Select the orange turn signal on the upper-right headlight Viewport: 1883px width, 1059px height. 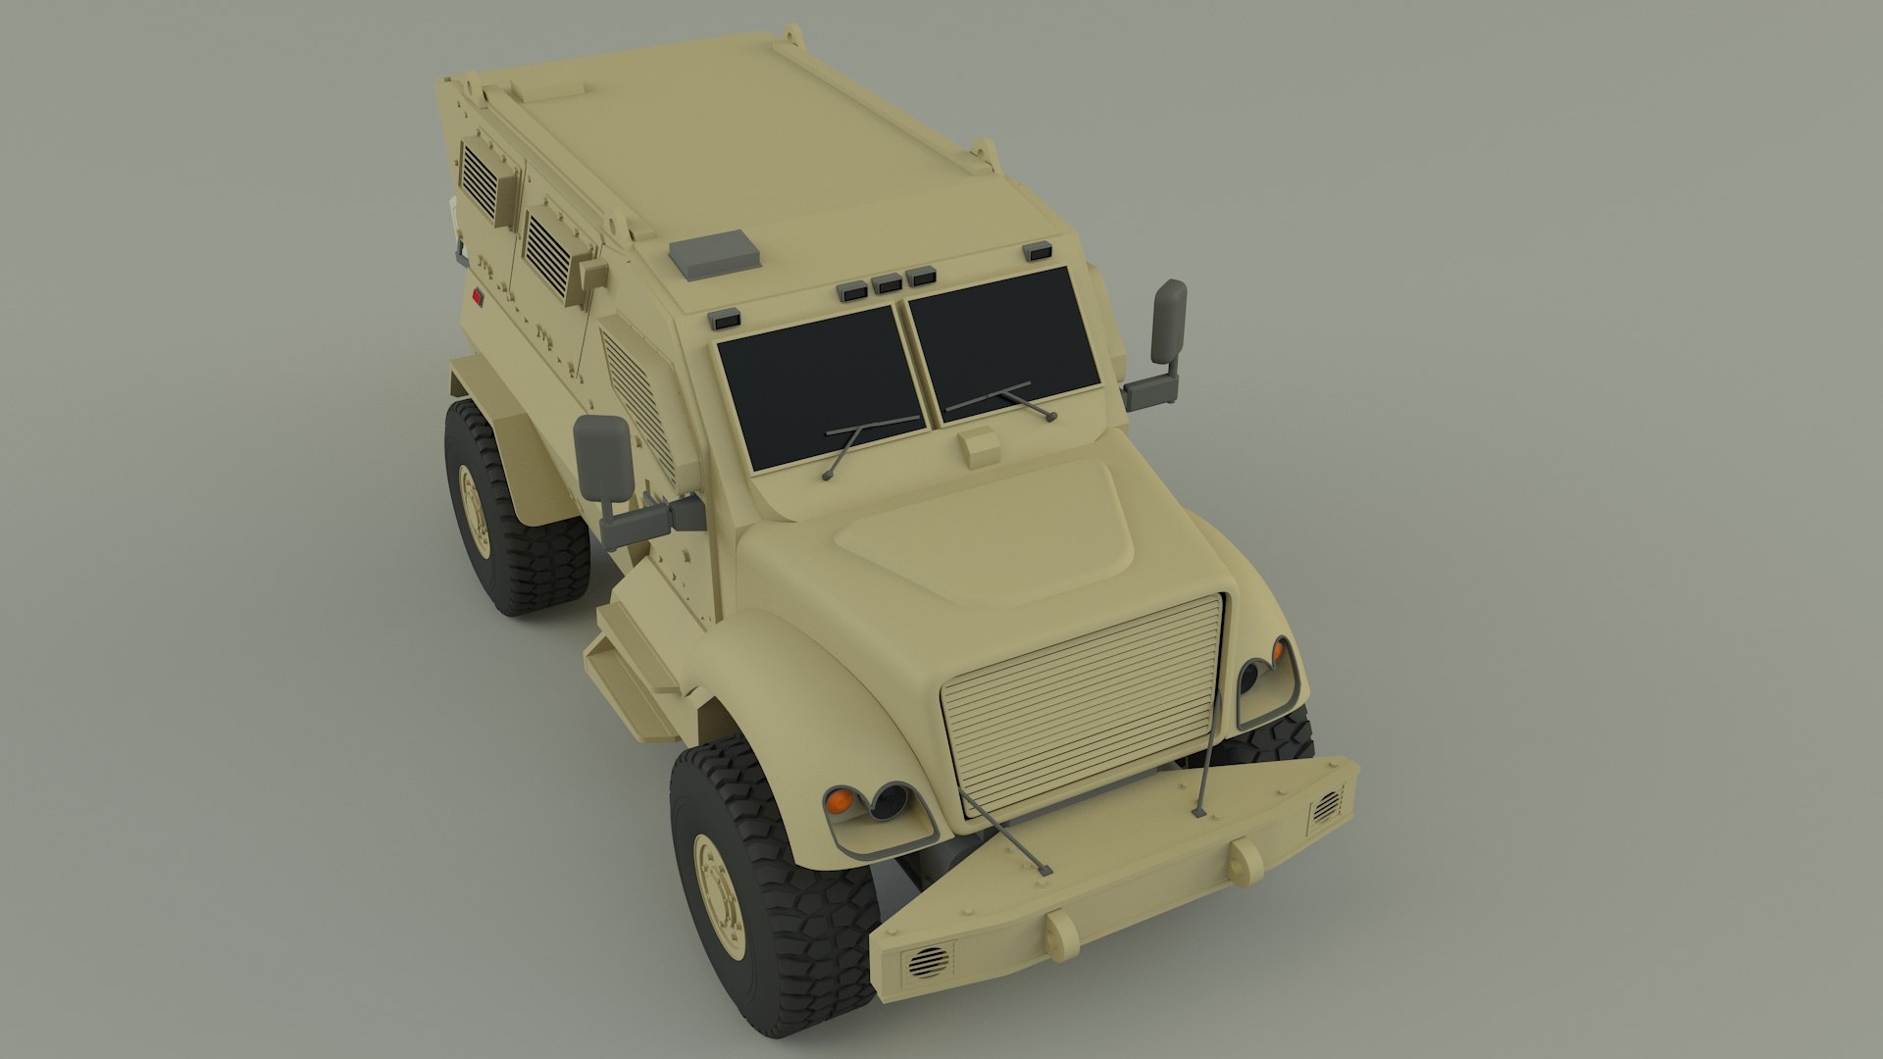point(1279,649)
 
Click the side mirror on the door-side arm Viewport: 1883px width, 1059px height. point(602,456)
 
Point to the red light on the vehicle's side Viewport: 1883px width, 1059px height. point(477,298)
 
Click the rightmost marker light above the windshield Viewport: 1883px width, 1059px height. point(1038,253)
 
